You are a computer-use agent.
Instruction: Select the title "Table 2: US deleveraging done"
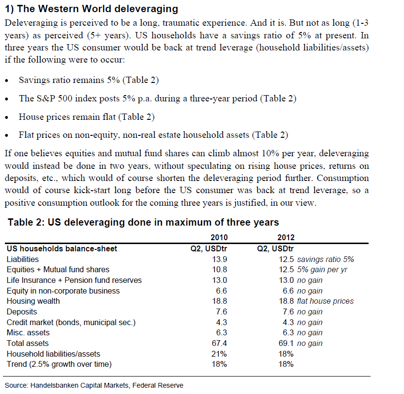tap(144, 223)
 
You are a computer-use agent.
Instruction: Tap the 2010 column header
tap(219, 238)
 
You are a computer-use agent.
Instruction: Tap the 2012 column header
tap(286, 238)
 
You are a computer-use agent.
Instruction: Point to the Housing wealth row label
tap(33, 301)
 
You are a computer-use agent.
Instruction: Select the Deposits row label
tap(22, 312)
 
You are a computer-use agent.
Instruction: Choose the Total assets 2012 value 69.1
tap(287, 344)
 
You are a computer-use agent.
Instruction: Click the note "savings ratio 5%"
tap(325, 259)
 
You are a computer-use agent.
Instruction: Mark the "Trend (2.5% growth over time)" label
tap(59, 364)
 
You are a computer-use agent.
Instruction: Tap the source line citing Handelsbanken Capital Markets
tap(95, 386)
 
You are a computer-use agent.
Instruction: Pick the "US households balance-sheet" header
tap(62, 248)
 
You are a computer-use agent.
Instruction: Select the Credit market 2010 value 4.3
tap(221, 322)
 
